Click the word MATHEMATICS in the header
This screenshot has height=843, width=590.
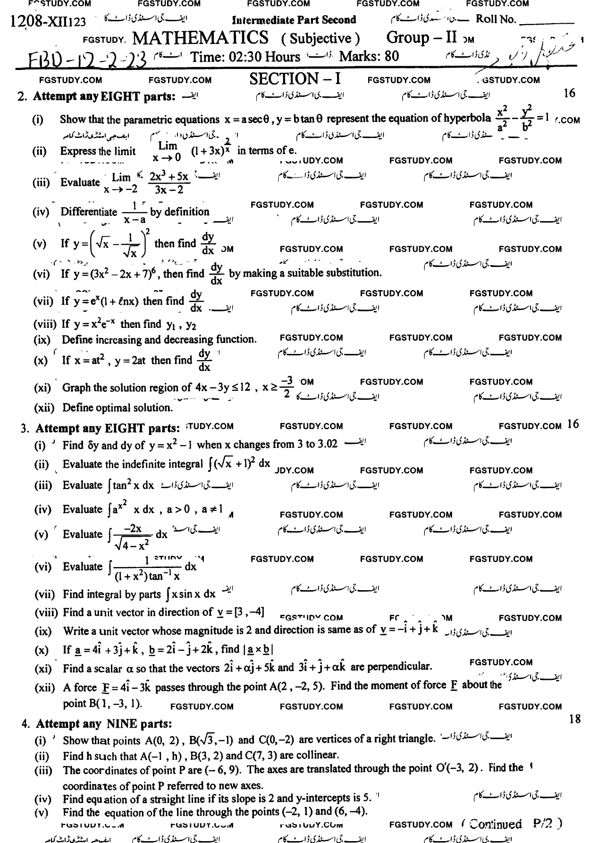pos(201,38)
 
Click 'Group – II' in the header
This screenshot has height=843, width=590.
pos(422,37)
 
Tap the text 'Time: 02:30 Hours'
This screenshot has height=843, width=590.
pos(245,57)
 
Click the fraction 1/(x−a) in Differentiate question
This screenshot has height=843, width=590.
pos(134,213)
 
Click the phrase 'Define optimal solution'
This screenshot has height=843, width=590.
pos(118,408)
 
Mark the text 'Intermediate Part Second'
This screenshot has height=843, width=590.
pos(294,20)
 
